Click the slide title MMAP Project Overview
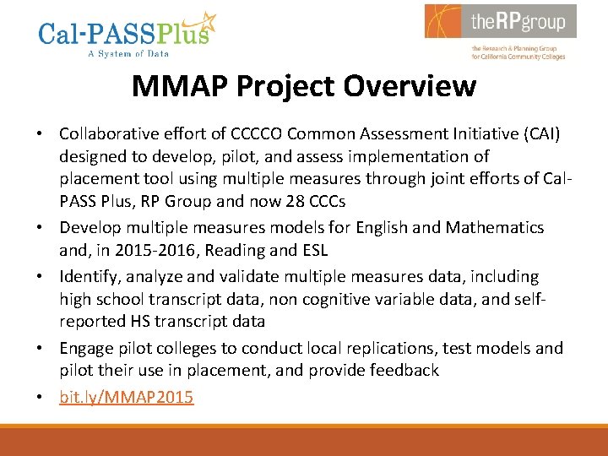pos(304,85)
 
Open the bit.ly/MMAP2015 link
pos(126,396)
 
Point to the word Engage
pos(84,348)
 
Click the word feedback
pos(401,371)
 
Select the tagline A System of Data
pos(128,54)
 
